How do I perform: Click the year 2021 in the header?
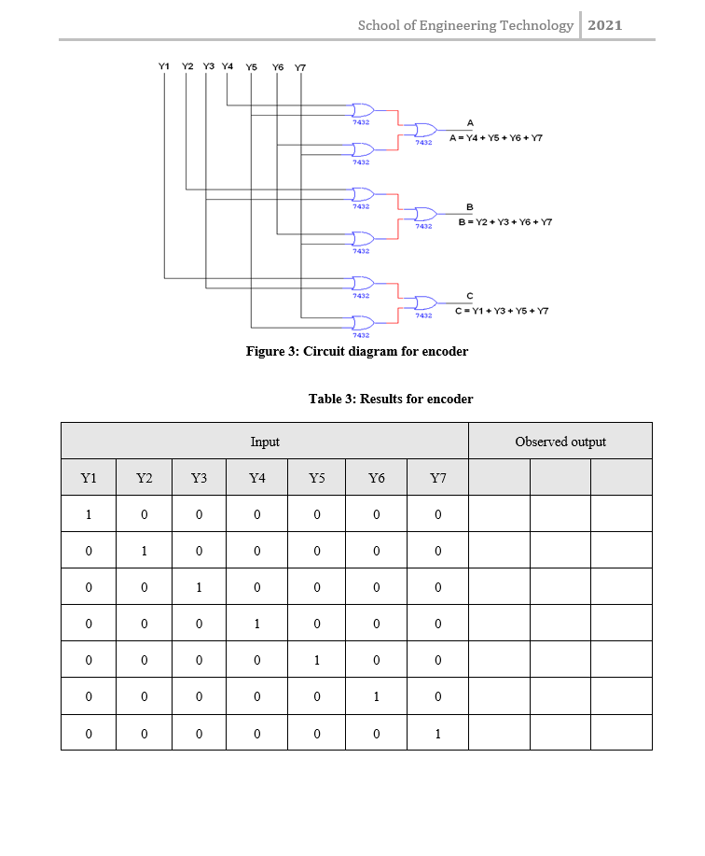[605, 25]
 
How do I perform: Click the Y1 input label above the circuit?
[164, 66]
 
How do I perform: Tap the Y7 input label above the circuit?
[300, 67]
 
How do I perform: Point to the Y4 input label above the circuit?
[228, 66]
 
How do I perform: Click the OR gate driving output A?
[425, 130]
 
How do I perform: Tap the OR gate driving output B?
[425, 214]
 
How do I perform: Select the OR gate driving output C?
[425, 302]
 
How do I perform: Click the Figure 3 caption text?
[356, 351]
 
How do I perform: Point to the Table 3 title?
[391, 399]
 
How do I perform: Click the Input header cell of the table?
[265, 442]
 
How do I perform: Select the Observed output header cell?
[560, 442]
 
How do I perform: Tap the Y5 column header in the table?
[317, 478]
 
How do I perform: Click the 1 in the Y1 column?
[89, 514]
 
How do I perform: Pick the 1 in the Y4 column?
[257, 624]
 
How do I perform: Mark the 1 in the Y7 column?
[437, 733]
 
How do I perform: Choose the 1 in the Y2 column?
[144, 551]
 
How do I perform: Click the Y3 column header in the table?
[199, 478]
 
